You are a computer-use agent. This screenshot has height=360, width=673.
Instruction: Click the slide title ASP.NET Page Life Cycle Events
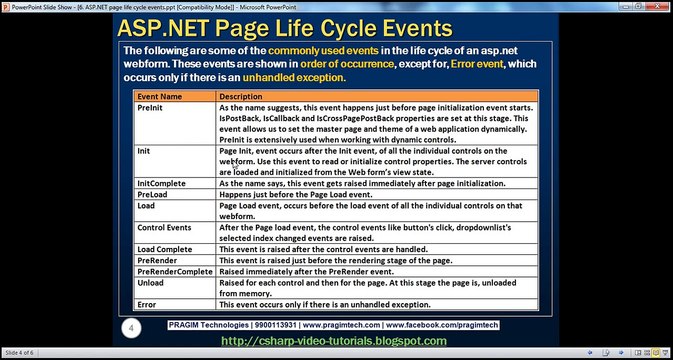click(285, 28)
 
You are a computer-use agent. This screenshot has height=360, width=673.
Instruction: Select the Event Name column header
click(159, 97)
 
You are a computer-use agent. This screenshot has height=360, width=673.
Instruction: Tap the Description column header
click(240, 97)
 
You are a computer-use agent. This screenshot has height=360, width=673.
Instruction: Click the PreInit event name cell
click(150, 108)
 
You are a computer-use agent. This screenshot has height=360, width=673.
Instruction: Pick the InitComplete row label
click(161, 184)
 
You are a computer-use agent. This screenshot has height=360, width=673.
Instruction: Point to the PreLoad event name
click(152, 194)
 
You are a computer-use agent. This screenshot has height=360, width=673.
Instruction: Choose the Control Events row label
click(164, 227)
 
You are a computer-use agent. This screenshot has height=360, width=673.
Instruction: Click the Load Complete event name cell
click(164, 249)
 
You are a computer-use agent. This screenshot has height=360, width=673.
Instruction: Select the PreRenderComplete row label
click(175, 272)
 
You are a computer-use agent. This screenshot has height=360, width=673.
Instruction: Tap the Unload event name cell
click(150, 283)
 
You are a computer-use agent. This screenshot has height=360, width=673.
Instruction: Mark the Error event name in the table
click(146, 305)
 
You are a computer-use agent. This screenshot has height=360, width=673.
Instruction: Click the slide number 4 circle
click(131, 329)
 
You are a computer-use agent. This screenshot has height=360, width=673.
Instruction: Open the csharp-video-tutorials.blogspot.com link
click(333, 341)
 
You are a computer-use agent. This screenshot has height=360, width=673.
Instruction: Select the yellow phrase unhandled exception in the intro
click(294, 78)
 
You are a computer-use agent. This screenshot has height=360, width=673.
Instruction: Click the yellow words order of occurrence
click(347, 64)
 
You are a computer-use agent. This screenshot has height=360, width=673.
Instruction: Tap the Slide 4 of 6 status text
click(19, 353)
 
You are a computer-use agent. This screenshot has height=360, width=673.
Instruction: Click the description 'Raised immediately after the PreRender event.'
click(306, 272)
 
